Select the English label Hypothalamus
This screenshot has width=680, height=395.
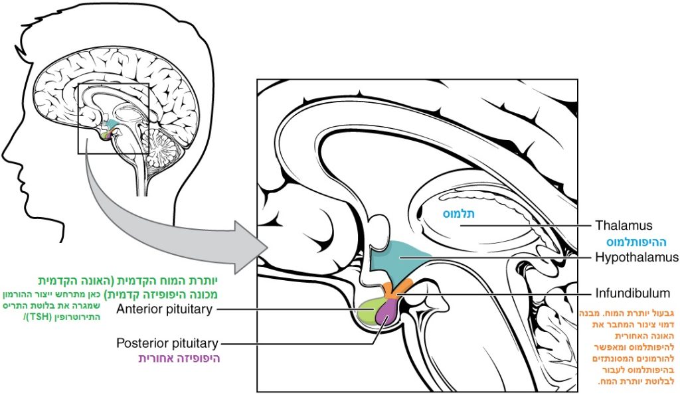point(636,257)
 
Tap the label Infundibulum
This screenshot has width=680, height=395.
point(632,293)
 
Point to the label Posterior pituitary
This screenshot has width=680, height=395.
point(167,343)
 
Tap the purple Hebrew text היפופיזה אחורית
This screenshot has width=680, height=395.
point(179,358)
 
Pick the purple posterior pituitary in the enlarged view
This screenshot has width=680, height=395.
point(384,315)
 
